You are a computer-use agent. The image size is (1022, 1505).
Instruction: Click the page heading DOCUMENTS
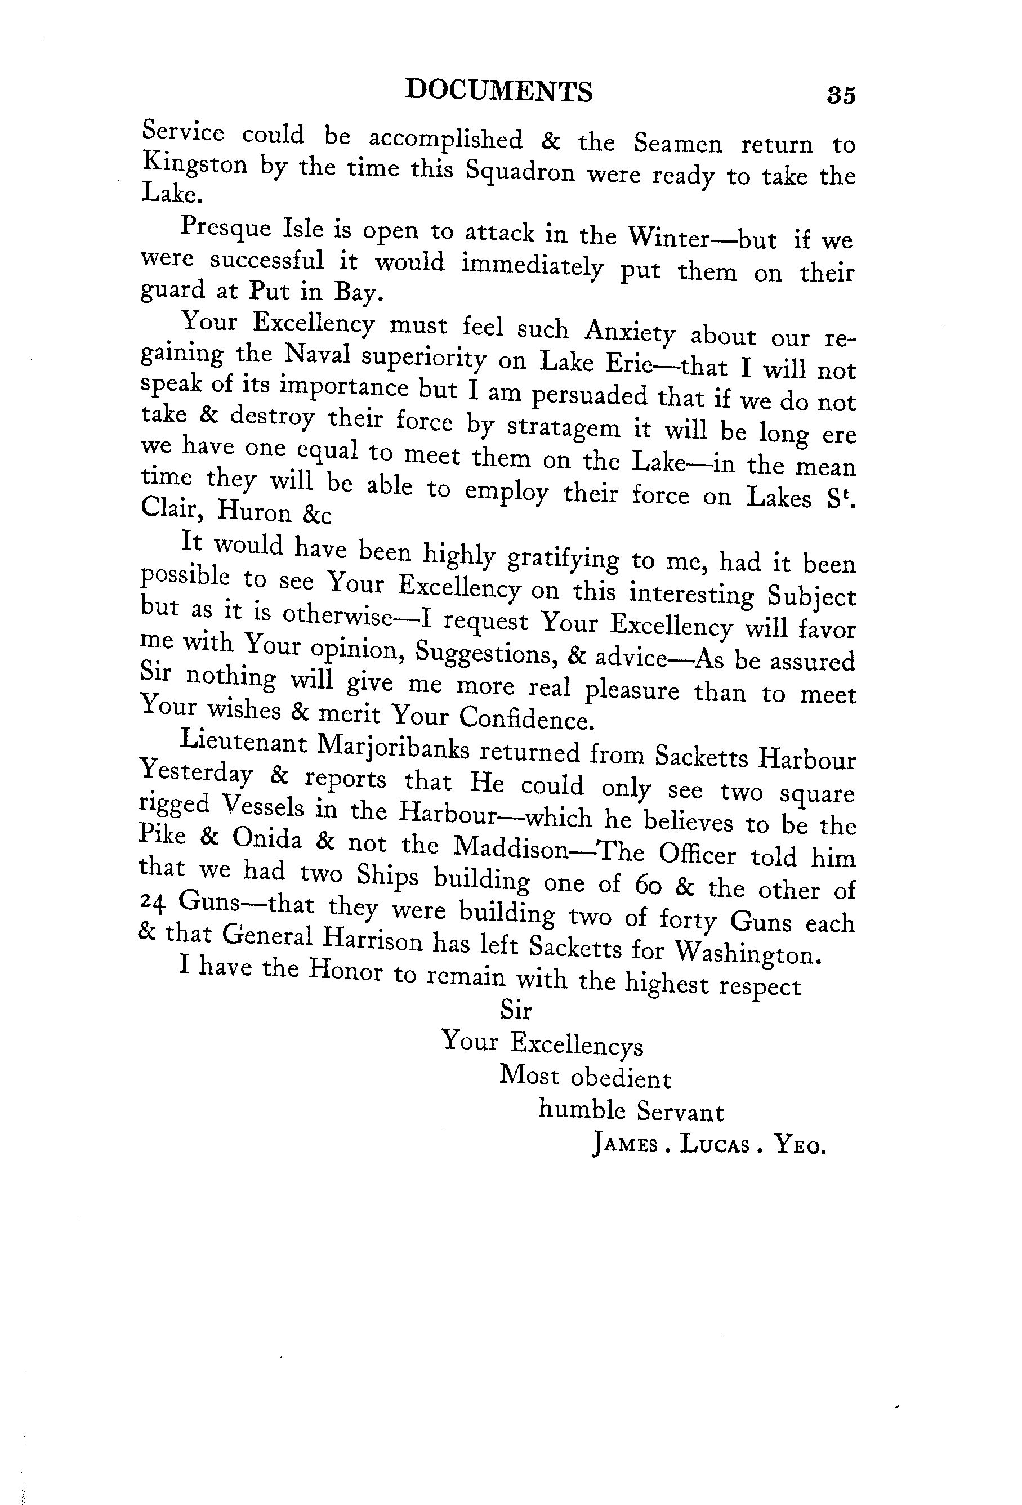pyautogui.click(x=498, y=91)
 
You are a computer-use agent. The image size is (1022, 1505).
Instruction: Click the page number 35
pyautogui.click(x=841, y=95)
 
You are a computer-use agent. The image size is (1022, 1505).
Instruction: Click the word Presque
pyautogui.click(x=224, y=227)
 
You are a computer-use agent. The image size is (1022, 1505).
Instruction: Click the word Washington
pyautogui.click(x=748, y=952)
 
